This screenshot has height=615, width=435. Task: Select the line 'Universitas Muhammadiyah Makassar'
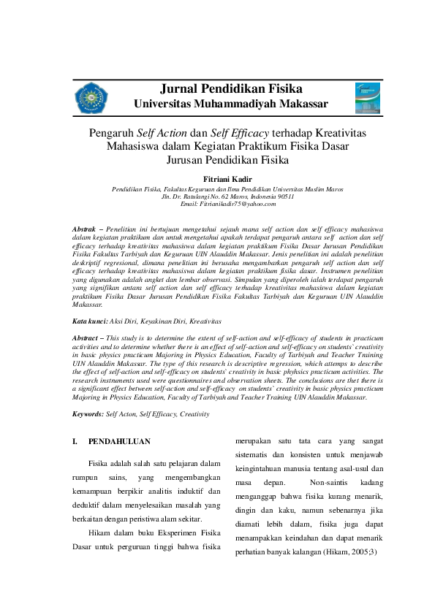click(x=230, y=104)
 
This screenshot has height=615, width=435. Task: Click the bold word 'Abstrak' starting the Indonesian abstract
click(x=88, y=230)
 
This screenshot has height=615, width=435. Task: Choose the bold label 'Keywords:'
click(x=93, y=414)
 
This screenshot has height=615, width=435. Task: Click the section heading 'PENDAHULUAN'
click(x=119, y=442)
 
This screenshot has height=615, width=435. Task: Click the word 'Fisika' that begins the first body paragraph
click(x=99, y=464)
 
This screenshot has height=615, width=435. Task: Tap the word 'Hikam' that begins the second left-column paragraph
click(x=99, y=532)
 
